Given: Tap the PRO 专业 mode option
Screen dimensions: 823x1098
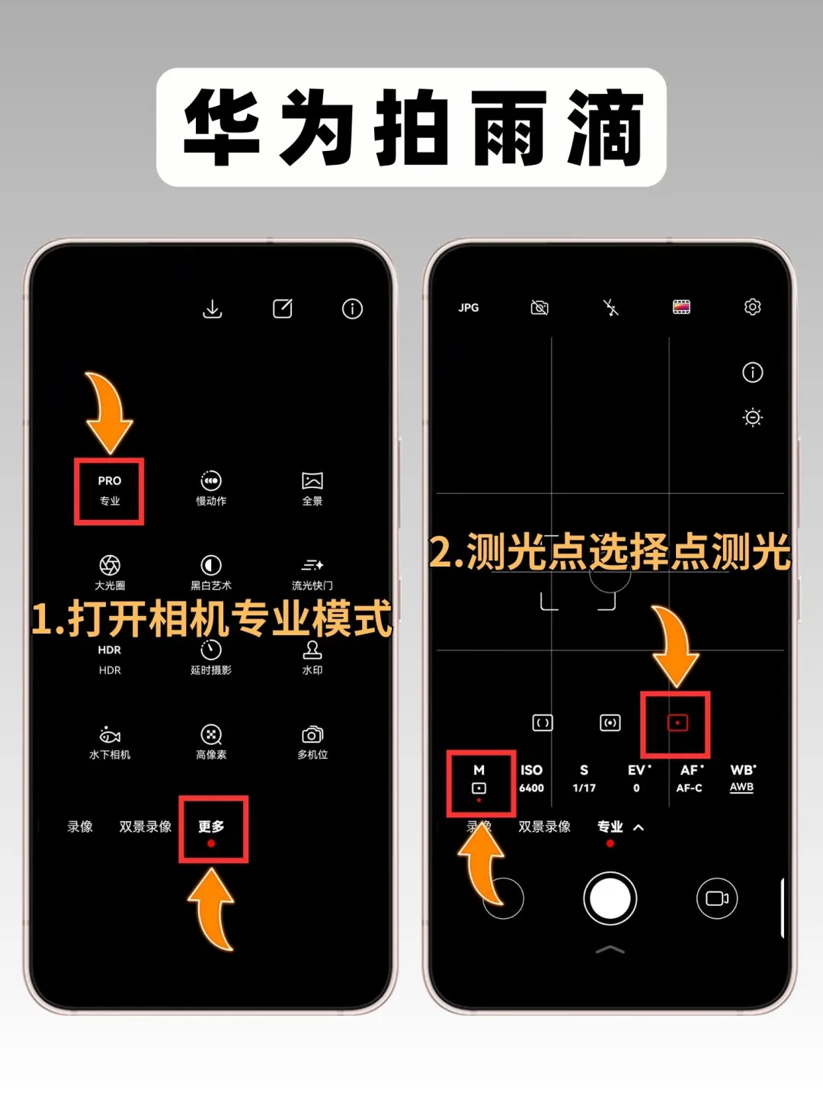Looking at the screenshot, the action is click(x=110, y=490).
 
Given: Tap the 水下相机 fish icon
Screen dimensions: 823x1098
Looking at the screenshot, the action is click(x=110, y=735).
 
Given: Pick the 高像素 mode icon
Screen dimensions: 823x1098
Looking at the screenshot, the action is click(x=211, y=734).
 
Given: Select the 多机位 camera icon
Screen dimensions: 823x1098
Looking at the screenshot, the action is click(x=312, y=734).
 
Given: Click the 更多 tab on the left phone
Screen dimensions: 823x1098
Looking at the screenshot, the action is click(x=211, y=826).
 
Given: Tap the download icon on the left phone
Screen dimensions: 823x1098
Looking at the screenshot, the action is click(x=213, y=309).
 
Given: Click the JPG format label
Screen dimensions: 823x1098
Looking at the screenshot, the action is click(x=468, y=307).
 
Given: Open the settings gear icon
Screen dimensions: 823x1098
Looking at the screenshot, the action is click(x=752, y=307).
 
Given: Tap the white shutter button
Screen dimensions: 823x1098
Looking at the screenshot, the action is click(x=610, y=898).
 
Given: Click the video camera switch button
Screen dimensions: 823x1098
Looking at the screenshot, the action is click(x=716, y=898).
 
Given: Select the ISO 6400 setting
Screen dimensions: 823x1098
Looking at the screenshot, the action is click(x=531, y=779).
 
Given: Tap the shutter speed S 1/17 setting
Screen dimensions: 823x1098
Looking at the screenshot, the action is click(x=584, y=779).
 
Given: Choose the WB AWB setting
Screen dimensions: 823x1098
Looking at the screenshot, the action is click(x=742, y=779).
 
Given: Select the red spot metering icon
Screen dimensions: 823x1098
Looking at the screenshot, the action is click(x=677, y=723).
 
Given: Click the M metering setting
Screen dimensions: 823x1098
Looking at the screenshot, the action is click(x=479, y=780).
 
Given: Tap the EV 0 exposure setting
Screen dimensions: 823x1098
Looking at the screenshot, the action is click(x=638, y=779).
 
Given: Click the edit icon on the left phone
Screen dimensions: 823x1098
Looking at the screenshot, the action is click(x=282, y=309).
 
